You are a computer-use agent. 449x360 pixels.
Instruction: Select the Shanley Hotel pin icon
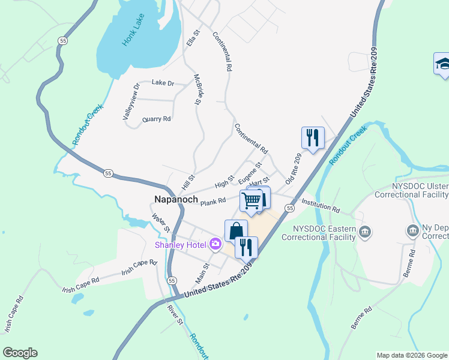(x=215, y=244)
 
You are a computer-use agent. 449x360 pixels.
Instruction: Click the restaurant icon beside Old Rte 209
(x=313, y=137)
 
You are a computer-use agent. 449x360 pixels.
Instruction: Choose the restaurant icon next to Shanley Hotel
(x=246, y=247)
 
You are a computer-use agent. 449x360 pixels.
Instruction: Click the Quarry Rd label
(x=157, y=119)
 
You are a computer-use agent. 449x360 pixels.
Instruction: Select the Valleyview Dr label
(x=130, y=101)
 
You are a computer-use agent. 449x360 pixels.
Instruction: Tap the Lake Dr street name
(x=162, y=83)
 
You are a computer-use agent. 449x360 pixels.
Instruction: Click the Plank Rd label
(x=212, y=202)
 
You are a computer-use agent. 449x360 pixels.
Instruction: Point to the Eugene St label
(x=250, y=172)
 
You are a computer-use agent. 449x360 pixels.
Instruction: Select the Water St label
(x=161, y=224)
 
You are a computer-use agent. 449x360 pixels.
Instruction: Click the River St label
(x=176, y=314)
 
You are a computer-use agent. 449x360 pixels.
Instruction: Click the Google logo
(x=20, y=353)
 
